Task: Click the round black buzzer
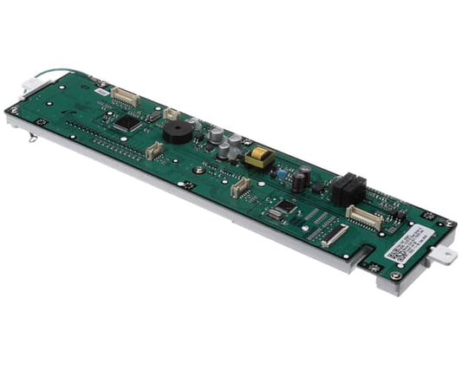tap(178, 131)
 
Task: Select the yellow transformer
tap(259, 158)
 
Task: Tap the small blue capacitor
tap(282, 172)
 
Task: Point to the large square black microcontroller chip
tap(127, 123)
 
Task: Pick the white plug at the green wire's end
tap(31, 84)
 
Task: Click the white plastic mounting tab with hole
tap(442, 255)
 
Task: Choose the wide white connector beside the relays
tap(364, 218)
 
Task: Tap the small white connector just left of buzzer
tap(172, 113)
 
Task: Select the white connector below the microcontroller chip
tap(154, 151)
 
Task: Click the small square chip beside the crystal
tap(286, 206)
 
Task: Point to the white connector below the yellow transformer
tap(240, 186)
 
